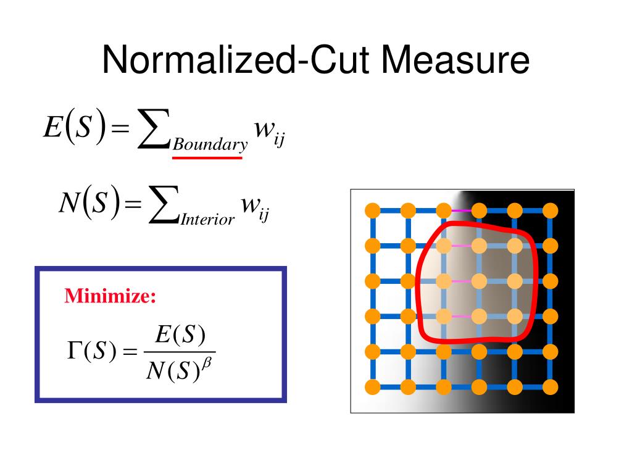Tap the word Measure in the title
[455, 60]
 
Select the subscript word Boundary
[210, 144]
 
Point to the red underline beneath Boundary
[207, 157]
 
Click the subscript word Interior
[207, 219]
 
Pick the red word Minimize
[110, 296]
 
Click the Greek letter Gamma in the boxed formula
[74, 350]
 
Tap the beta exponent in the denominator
[206, 363]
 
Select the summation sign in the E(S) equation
[153, 128]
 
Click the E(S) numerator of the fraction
[180, 335]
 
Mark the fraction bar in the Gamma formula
[180, 352]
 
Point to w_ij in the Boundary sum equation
[269, 133]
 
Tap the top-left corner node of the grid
[372, 210]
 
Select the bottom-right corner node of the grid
[550, 387]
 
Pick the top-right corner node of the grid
[550, 210]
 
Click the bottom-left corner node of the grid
[372, 387]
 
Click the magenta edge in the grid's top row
[462, 210]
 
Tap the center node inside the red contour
[479, 281]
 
